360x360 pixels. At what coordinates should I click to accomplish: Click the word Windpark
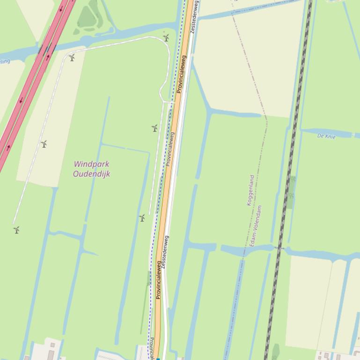[x=91, y=165]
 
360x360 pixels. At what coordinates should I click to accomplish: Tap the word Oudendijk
[x=91, y=174]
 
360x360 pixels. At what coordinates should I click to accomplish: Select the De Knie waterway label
[x=326, y=136]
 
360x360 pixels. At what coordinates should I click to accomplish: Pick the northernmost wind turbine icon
[x=166, y=38]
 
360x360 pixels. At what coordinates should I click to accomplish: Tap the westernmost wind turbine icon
[x=16, y=230]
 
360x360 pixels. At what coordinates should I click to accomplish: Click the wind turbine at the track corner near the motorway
[x=72, y=58]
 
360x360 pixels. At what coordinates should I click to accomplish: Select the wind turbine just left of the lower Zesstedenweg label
[x=142, y=218]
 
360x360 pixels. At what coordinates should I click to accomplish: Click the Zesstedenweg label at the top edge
[x=194, y=16]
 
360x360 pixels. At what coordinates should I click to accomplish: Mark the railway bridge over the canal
[x=280, y=248]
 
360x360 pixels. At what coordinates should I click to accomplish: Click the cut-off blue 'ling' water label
[x=4, y=61]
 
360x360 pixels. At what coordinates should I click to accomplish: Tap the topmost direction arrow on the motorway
[x=61, y=8]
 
